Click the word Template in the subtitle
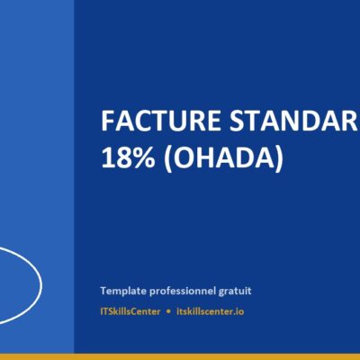click(x=123, y=291)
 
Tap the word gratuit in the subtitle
click(x=235, y=291)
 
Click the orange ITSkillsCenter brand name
click(x=131, y=310)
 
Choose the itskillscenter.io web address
click(x=211, y=310)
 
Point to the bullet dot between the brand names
click(x=168, y=310)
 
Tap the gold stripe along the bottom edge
click(x=180, y=356)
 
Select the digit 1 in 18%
click(x=107, y=157)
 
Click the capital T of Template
click(x=103, y=291)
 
